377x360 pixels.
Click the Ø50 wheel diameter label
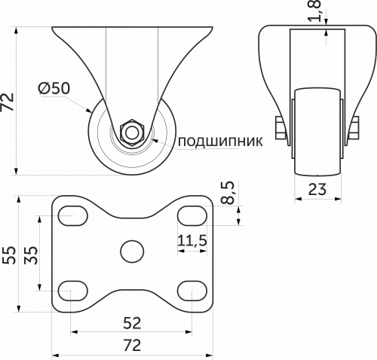pos(54,88)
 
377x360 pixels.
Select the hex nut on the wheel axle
pos(132,132)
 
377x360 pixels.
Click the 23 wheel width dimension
pos(318,190)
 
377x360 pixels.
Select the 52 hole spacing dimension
pos(132,323)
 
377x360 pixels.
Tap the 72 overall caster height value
pos(9,101)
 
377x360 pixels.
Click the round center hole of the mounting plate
pos(132,251)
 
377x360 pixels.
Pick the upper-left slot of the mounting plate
pos(72,216)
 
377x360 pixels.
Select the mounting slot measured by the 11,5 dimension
pos(192,216)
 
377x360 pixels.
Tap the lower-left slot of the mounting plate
pos(72,288)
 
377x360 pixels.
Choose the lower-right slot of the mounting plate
pos(192,288)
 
